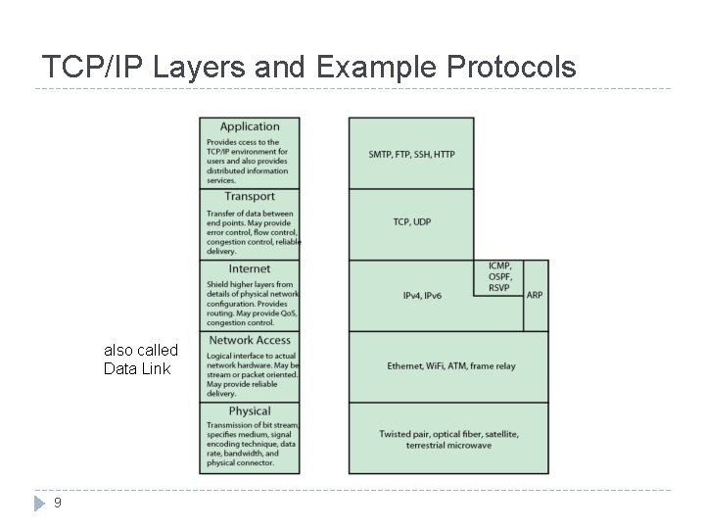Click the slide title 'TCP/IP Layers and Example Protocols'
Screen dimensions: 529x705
309,67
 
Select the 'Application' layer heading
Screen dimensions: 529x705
250,126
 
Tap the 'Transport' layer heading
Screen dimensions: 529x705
249,197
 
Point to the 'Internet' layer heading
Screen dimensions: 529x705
249,268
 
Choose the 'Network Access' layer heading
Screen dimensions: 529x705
250,340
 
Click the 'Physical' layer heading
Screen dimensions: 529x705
249,411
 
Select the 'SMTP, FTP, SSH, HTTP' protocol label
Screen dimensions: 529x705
411,155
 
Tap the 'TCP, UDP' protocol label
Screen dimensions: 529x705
411,222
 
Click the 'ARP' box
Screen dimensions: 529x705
535,294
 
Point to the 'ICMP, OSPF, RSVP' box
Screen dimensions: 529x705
499,277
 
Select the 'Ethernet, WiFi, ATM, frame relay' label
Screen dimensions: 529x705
450,366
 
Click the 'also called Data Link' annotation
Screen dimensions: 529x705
141,360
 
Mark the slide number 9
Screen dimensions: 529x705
59,503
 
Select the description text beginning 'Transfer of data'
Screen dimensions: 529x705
251,232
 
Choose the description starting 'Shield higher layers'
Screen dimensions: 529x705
251,304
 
